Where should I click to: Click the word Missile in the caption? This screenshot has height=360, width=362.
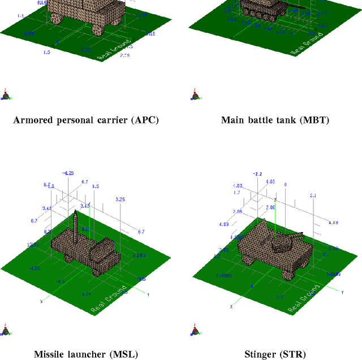click(49, 355)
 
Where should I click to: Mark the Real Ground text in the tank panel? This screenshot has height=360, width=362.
click(305, 42)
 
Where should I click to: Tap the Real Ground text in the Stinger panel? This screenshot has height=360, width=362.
click(304, 298)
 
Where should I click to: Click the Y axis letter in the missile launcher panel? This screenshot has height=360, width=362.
click(148, 295)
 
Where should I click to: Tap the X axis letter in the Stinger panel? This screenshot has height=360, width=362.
click(231, 306)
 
